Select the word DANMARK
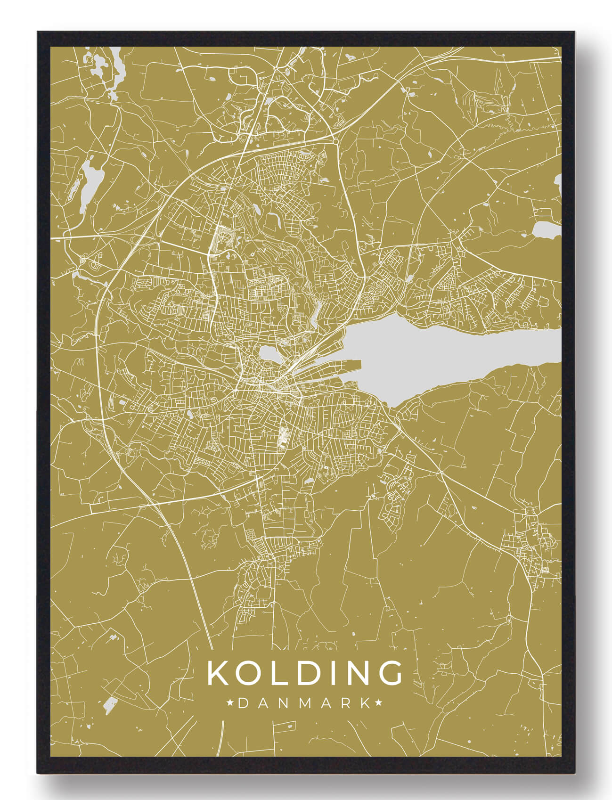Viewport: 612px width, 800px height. point(304,703)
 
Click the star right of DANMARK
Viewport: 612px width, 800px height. point(378,703)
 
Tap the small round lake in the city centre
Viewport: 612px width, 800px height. point(268,352)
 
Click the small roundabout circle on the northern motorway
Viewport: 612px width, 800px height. point(335,141)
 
